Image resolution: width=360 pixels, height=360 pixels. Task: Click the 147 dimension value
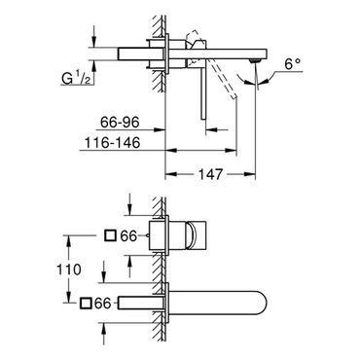(x=210, y=174)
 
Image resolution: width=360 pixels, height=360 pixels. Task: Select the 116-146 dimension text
(x=112, y=143)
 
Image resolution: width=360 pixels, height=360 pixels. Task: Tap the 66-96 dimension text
(x=120, y=123)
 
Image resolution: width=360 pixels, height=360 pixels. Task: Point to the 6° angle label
(x=292, y=64)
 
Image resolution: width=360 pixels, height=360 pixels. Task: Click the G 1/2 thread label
(x=76, y=78)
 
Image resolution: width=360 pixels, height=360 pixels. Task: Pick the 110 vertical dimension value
(x=69, y=270)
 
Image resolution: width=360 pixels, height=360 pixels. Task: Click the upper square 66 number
(x=128, y=235)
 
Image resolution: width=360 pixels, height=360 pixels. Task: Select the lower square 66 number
(x=102, y=304)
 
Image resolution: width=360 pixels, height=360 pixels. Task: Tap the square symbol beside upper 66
(x=110, y=235)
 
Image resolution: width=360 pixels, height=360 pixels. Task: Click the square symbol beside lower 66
(x=86, y=303)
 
